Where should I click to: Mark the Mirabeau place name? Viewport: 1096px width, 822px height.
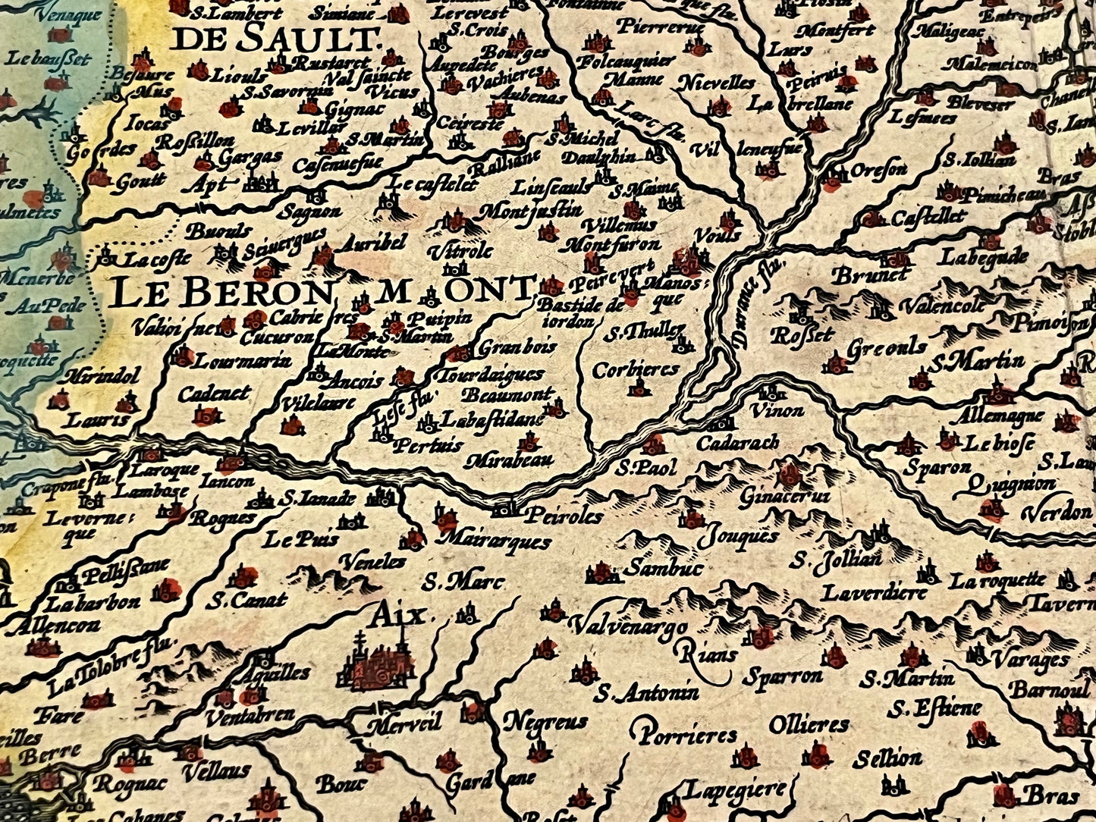[x=510, y=460]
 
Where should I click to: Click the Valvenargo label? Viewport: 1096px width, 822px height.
[x=627, y=628]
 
